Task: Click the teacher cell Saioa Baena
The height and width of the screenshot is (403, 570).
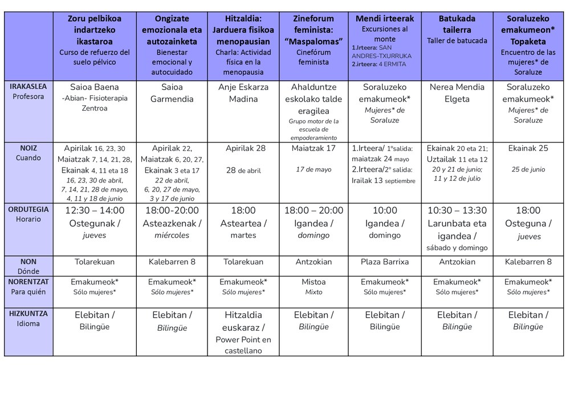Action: coord(95,87)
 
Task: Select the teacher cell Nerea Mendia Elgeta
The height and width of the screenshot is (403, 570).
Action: coord(457,93)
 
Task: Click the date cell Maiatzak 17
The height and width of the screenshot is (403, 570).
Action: coord(313,148)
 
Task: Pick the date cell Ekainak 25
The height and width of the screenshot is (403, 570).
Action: coord(528,148)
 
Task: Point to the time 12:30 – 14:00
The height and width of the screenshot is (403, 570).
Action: coord(95,210)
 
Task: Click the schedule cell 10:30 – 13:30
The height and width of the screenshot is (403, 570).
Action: coord(457,210)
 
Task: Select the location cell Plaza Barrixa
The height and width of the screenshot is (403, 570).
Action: coord(385,262)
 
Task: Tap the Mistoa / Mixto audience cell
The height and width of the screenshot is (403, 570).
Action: coord(313,286)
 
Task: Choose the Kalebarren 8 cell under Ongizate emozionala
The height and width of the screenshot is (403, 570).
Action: coord(172,262)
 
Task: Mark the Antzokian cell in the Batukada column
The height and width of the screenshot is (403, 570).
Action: coord(457,262)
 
